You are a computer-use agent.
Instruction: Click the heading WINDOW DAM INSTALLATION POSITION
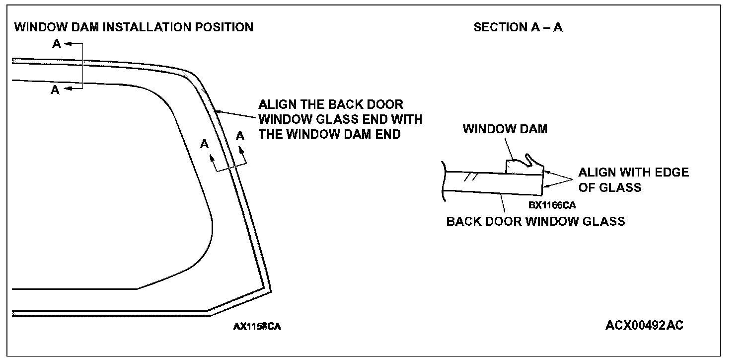tap(134, 27)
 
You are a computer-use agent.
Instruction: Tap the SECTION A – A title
tap(518, 27)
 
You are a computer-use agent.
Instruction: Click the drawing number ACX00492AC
tap(644, 325)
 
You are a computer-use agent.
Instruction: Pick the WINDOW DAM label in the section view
tap(505, 129)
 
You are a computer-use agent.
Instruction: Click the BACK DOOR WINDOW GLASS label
tap(535, 221)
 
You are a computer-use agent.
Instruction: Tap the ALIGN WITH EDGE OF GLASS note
tap(633, 180)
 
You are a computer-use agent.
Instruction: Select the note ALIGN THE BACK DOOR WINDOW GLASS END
tap(340, 119)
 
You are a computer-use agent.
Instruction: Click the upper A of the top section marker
tap(57, 44)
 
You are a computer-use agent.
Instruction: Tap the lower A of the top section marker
tap(56, 90)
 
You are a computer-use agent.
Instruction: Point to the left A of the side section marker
tap(204, 144)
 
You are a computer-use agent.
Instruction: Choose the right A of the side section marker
tap(240, 136)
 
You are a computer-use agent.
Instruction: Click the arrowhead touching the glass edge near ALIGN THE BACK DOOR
tap(219, 112)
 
